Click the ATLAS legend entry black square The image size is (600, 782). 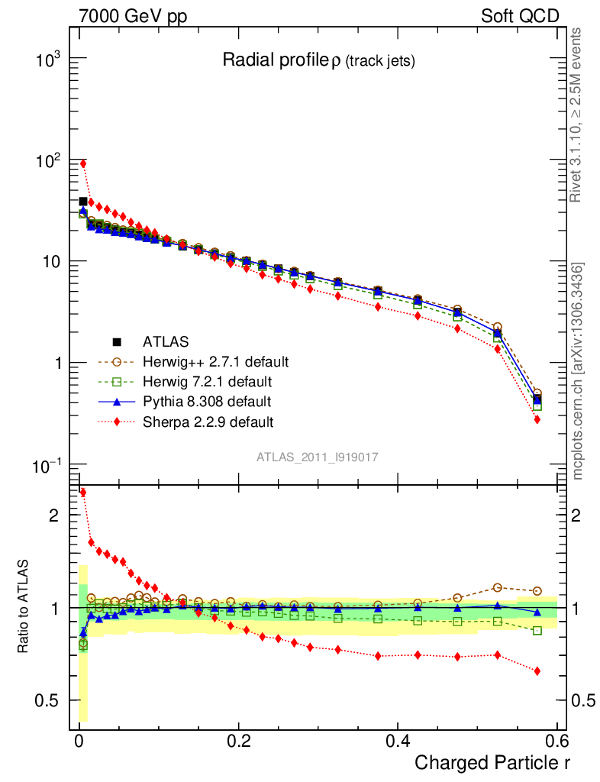tap(117, 341)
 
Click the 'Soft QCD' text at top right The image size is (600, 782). tap(521, 16)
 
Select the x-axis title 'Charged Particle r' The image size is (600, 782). tap(492, 762)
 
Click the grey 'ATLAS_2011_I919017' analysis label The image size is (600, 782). tap(318, 457)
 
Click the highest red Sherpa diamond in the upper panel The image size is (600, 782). tap(83, 163)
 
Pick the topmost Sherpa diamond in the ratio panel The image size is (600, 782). tap(83, 493)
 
